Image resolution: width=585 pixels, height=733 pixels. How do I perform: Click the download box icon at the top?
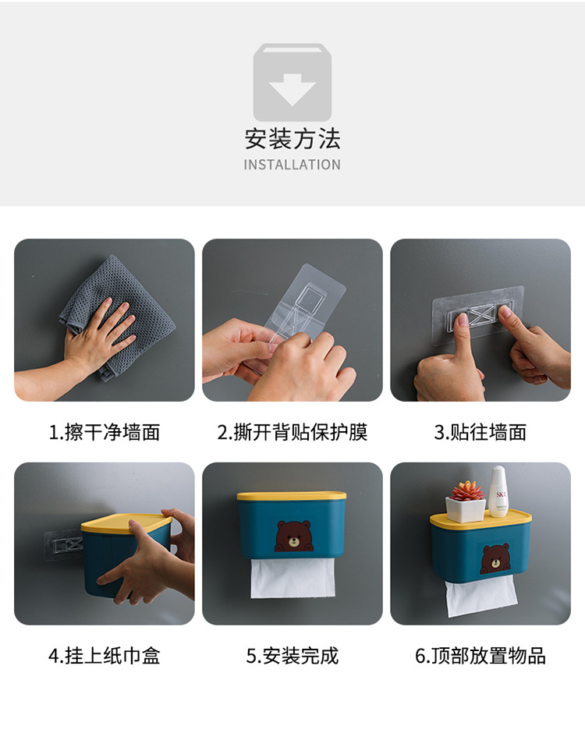[292, 82]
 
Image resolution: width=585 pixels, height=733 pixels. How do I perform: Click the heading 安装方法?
[292, 140]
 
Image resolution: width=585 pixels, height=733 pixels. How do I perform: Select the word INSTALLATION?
[292, 165]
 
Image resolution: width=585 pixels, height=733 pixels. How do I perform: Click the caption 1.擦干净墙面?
[105, 432]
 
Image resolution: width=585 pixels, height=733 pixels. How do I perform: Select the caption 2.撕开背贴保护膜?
[292, 432]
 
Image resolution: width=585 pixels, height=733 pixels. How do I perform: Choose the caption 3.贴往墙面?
[480, 432]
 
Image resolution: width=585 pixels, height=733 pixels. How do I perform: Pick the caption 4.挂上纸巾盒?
[105, 656]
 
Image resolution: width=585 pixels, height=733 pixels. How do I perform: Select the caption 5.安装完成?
[292, 656]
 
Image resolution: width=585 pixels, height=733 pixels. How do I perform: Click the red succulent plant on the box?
[467, 490]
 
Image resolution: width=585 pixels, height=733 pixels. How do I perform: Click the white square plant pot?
[466, 508]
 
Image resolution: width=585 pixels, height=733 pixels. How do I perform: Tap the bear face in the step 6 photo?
[495, 558]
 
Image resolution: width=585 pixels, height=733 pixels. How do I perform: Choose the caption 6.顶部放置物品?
[480, 656]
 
